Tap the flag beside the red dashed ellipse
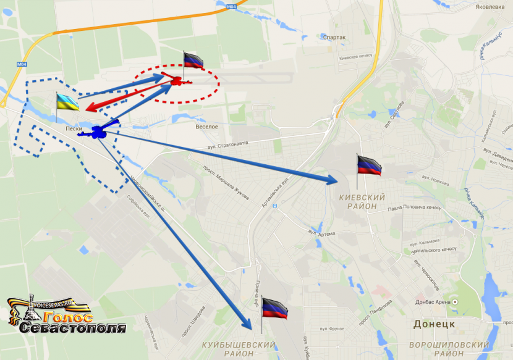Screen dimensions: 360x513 (x=193, y=61)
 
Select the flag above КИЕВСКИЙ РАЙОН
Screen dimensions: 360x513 (x=369, y=165)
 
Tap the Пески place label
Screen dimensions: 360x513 (x=74, y=129)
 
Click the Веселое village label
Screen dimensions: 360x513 (x=206, y=127)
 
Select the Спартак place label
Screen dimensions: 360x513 (x=334, y=37)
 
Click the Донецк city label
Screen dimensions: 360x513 (x=434, y=324)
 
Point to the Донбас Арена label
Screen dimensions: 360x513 (x=432, y=302)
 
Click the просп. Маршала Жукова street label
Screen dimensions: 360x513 (x=226, y=181)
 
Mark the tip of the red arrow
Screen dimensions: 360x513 (x=88, y=110)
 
